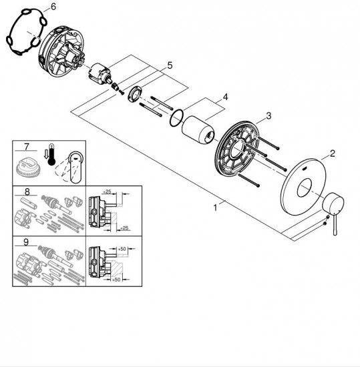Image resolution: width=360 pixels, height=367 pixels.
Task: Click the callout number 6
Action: pyautogui.click(x=53, y=7)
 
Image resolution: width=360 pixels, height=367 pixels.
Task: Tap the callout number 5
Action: pyautogui.click(x=170, y=65)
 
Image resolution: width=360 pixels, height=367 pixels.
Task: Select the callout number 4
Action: pyautogui.click(x=225, y=97)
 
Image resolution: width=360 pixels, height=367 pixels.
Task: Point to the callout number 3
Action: pyautogui.click(x=268, y=115)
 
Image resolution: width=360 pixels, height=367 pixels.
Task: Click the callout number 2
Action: pyautogui.click(x=333, y=153)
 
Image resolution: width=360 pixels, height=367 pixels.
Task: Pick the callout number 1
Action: pyautogui.click(x=215, y=208)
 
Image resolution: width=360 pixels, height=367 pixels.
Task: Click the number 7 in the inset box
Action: pyautogui.click(x=27, y=147)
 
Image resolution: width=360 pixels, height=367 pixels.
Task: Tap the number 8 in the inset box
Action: pyautogui.click(x=27, y=192)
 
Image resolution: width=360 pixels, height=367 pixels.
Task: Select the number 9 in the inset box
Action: pyautogui.click(x=26, y=242)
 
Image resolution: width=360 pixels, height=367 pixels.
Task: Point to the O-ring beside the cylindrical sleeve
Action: pyautogui.click(x=176, y=118)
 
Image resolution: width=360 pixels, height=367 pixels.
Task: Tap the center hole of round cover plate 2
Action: pyautogui.click(x=305, y=187)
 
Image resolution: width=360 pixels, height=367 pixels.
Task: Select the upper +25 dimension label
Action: pyautogui.click(x=107, y=192)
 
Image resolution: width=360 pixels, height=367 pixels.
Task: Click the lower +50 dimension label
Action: pyautogui.click(x=116, y=280)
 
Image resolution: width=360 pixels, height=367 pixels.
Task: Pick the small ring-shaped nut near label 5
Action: pyautogui.click(x=135, y=93)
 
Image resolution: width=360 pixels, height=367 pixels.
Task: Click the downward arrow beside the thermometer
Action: pyautogui.click(x=46, y=155)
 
